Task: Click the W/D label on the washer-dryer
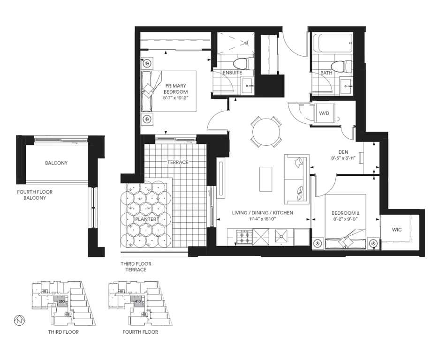tap(324, 113)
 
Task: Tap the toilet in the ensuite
tap(243, 64)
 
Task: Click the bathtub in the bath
tap(333, 43)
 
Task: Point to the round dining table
tap(266, 132)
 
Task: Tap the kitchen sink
tap(281, 237)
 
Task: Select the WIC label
tap(397, 230)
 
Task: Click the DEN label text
tap(343, 152)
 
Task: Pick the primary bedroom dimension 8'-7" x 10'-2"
tap(175, 98)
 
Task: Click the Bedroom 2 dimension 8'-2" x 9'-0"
tap(345, 219)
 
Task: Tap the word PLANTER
tap(145, 219)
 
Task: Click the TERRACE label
tap(178, 162)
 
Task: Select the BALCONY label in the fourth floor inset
tap(56, 163)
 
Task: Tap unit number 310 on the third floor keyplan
tap(61, 301)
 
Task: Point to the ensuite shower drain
tap(246, 43)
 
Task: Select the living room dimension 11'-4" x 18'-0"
tap(263, 219)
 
